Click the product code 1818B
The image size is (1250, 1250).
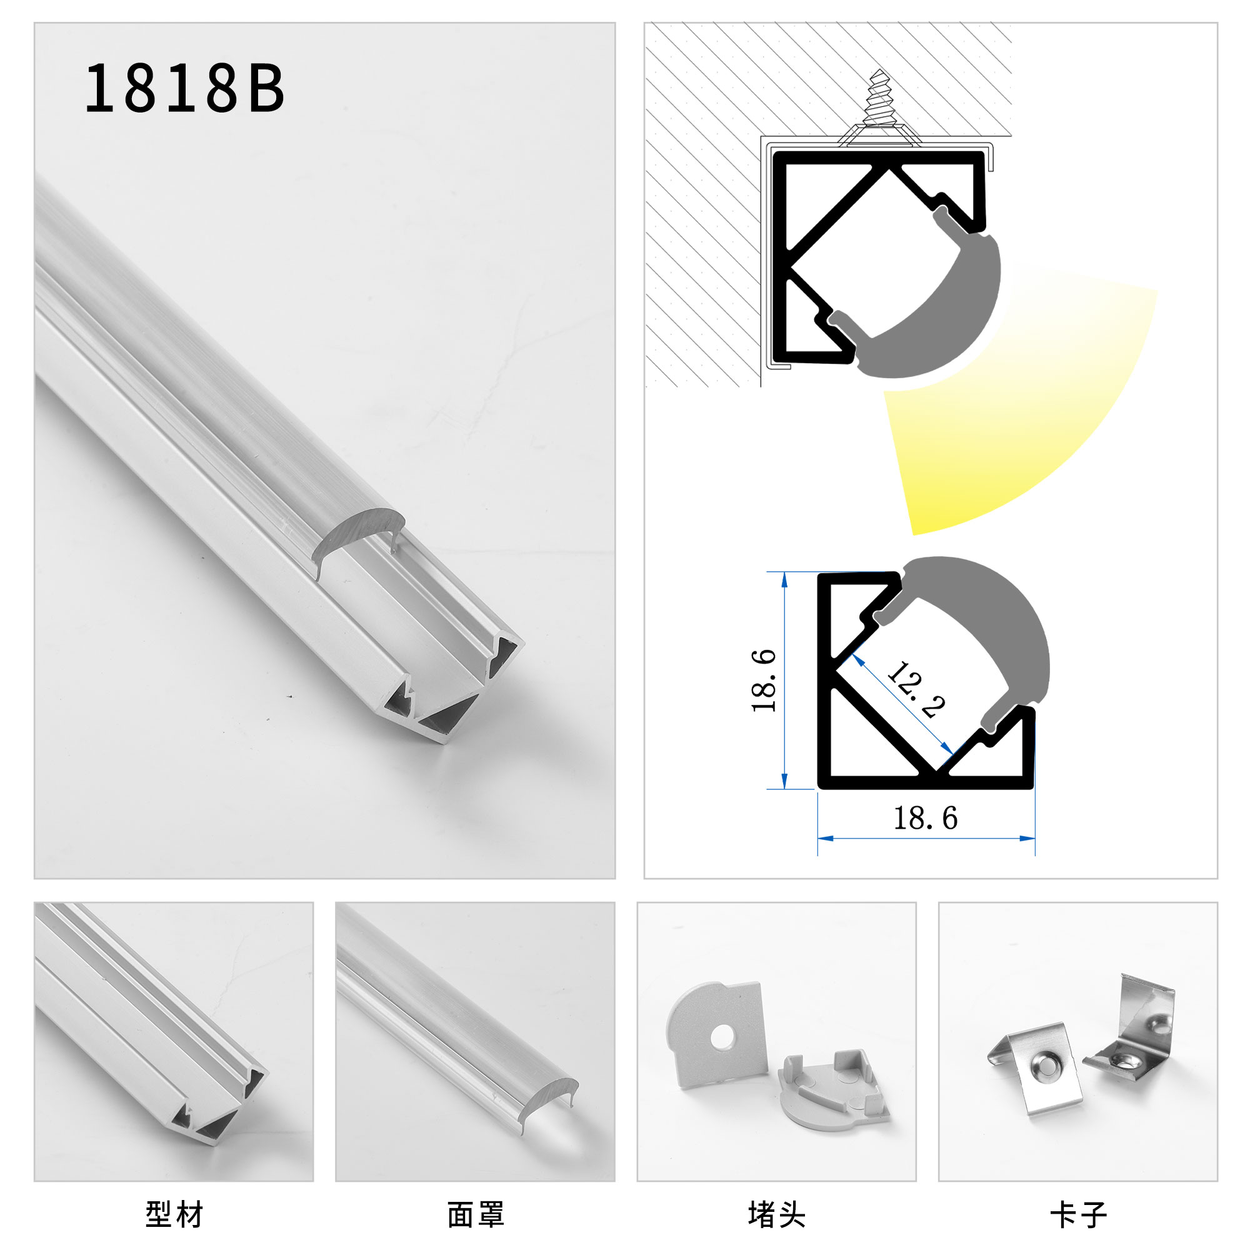[184, 89]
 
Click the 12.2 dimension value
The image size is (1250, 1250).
[916, 691]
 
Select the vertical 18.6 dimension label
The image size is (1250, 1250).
[764, 681]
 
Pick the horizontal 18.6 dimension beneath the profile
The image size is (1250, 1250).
[925, 819]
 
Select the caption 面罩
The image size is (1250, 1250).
[476, 1214]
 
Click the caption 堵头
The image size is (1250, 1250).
[776, 1214]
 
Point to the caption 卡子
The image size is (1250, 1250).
[1078, 1214]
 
